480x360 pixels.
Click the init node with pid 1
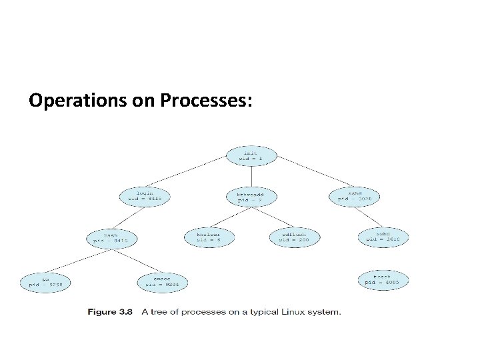(251, 155)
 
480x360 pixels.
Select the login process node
(145, 195)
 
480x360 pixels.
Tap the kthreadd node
(251, 196)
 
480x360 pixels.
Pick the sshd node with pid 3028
(354, 195)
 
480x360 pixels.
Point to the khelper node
(209, 237)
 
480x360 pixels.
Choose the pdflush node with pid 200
(295, 237)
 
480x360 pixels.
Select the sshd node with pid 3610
(383, 237)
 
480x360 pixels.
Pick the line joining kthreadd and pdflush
(273, 217)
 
